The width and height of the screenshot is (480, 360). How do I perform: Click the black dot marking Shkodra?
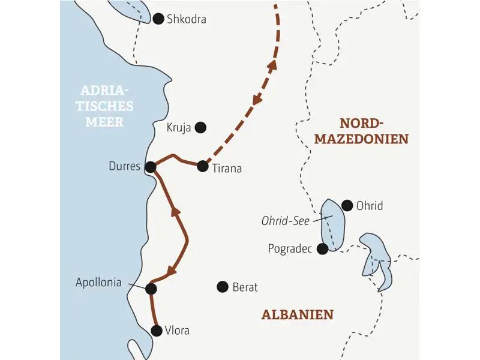pos(158,19)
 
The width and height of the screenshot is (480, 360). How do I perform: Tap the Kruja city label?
pos(179,127)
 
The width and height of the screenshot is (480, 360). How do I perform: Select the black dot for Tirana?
pos(203,167)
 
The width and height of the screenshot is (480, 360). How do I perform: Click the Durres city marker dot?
pos(151,167)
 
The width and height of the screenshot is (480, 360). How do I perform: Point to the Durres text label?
pos(125,167)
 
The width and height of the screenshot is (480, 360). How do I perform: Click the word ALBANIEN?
pos(298,314)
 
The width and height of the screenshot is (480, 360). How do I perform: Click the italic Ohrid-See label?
pos(285,221)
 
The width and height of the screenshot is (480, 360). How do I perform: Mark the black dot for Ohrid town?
pos(346,205)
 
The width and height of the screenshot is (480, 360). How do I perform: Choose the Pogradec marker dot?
pos(323,248)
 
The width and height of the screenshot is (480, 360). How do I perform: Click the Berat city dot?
pos(223,287)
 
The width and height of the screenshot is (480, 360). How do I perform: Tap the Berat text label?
pos(245,287)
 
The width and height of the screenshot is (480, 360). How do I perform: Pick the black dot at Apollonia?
pos(151,289)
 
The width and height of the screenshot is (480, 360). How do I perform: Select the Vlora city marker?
pos(157,330)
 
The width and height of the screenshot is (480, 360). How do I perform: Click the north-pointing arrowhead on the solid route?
pos(176,211)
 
